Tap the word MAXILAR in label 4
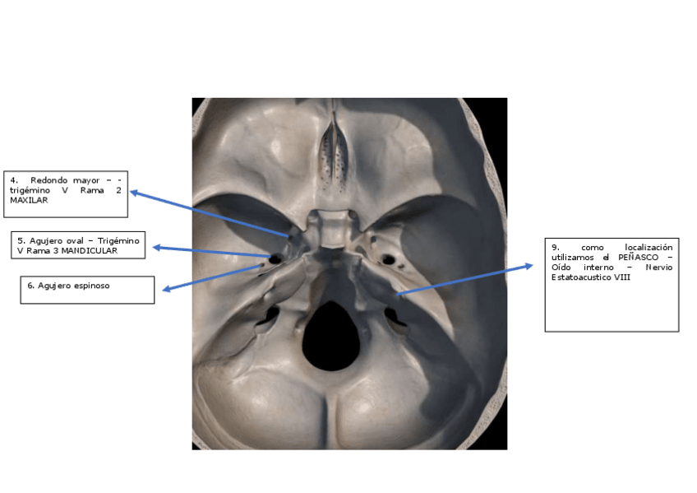pyautogui.click(x=29, y=200)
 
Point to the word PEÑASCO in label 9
pyautogui.click(x=634, y=257)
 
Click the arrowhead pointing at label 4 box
pyautogui.click(x=133, y=193)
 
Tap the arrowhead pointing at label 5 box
pyautogui.click(x=156, y=247)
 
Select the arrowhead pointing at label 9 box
pyautogui.click(x=530, y=266)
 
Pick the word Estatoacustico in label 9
pyautogui.click(x=580, y=277)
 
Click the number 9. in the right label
pyautogui.click(x=556, y=247)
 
